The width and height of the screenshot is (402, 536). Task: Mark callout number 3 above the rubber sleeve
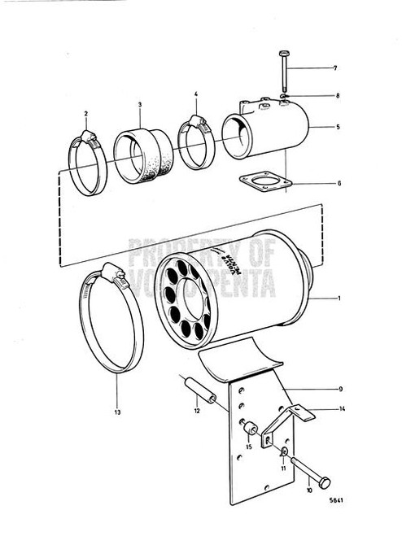139,104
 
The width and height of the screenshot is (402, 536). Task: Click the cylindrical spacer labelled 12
201,396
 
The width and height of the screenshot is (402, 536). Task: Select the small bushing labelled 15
251,426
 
